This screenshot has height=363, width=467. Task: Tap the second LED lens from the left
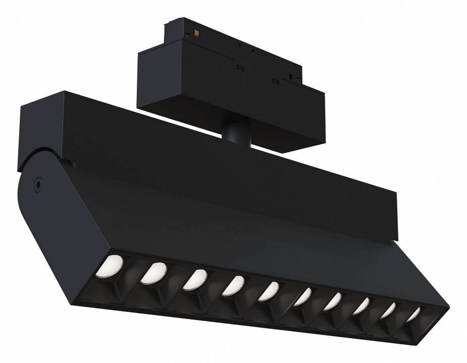[154, 273]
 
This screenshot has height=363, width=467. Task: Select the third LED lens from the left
[194, 280]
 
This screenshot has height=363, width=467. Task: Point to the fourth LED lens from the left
[233, 286]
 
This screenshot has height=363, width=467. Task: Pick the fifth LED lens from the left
[269, 291]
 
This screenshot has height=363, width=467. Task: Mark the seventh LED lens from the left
[333, 302]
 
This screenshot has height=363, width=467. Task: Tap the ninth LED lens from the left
[388, 310]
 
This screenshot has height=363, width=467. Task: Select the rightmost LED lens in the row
[413, 315]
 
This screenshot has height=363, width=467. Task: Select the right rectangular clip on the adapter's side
[275, 81]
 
